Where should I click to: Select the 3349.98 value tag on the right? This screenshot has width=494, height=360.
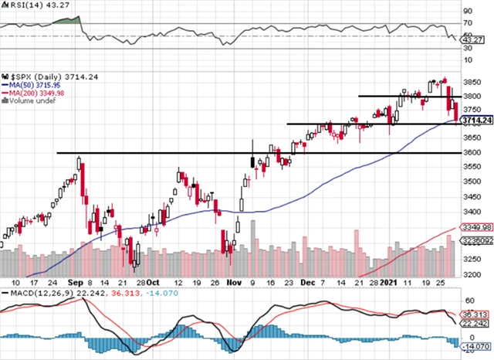tap(479, 227)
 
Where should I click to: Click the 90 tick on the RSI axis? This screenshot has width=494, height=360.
tap(467, 12)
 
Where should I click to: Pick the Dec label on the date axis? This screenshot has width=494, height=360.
tap(306, 283)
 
